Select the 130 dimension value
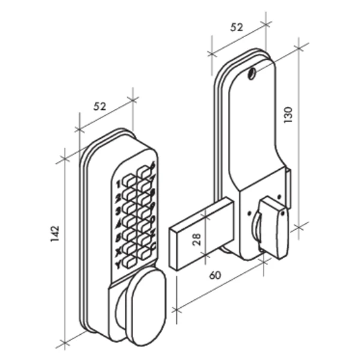click(289, 114)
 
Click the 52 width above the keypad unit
click(100, 106)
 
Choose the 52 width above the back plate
click(236, 27)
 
